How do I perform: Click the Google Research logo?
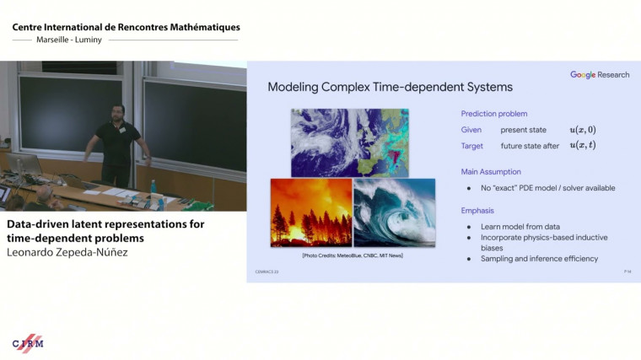(x=599, y=75)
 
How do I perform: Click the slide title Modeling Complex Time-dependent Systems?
(x=390, y=87)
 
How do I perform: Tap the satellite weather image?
(x=349, y=142)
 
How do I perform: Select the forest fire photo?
(x=310, y=212)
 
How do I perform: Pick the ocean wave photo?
(x=394, y=212)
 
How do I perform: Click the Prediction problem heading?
(x=494, y=114)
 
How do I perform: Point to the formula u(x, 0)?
(x=582, y=130)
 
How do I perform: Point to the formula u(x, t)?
(x=582, y=145)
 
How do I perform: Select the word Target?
(x=472, y=145)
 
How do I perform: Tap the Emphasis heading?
(x=477, y=211)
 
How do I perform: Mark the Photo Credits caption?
(x=352, y=255)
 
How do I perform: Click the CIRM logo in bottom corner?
(x=28, y=342)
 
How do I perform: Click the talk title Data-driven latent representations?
(x=105, y=224)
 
